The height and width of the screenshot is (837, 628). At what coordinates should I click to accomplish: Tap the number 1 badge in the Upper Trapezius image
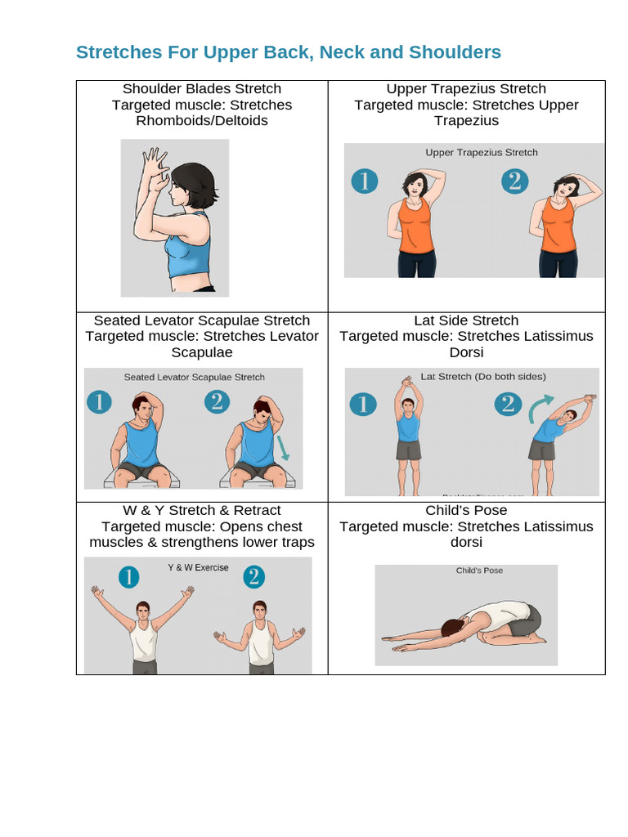click(x=365, y=181)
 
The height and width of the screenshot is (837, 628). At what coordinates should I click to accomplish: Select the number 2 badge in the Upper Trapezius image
click(x=515, y=181)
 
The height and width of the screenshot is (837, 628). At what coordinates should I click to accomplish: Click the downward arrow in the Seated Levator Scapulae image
click(x=282, y=447)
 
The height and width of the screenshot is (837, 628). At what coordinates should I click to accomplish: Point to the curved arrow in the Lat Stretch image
click(x=540, y=408)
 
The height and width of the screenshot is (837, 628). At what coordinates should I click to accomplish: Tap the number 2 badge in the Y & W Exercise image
click(x=253, y=577)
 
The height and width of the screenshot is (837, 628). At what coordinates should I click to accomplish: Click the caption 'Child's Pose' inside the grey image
click(x=479, y=571)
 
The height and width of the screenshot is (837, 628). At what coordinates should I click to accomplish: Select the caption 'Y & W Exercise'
click(x=198, y=567)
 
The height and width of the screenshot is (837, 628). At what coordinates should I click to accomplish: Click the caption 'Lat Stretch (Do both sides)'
click(x=483, y=376)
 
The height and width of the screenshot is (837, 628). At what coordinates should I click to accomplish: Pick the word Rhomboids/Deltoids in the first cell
click(x=202, y=121)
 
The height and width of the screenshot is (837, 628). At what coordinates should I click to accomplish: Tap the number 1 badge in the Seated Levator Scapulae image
click(x=99, y=402)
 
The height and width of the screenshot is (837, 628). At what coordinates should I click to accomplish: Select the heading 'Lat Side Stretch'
click(x=466, y=320)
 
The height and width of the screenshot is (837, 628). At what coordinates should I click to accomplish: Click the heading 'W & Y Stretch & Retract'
click(x=202, y=510)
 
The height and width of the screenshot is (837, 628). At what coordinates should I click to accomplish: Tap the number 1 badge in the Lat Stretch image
click(x=363, y=404)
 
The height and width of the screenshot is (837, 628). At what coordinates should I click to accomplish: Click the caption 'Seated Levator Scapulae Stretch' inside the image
click(x=195, y=377)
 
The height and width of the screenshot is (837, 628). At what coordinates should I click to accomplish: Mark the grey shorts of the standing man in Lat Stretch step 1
click(x=409, y=450)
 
